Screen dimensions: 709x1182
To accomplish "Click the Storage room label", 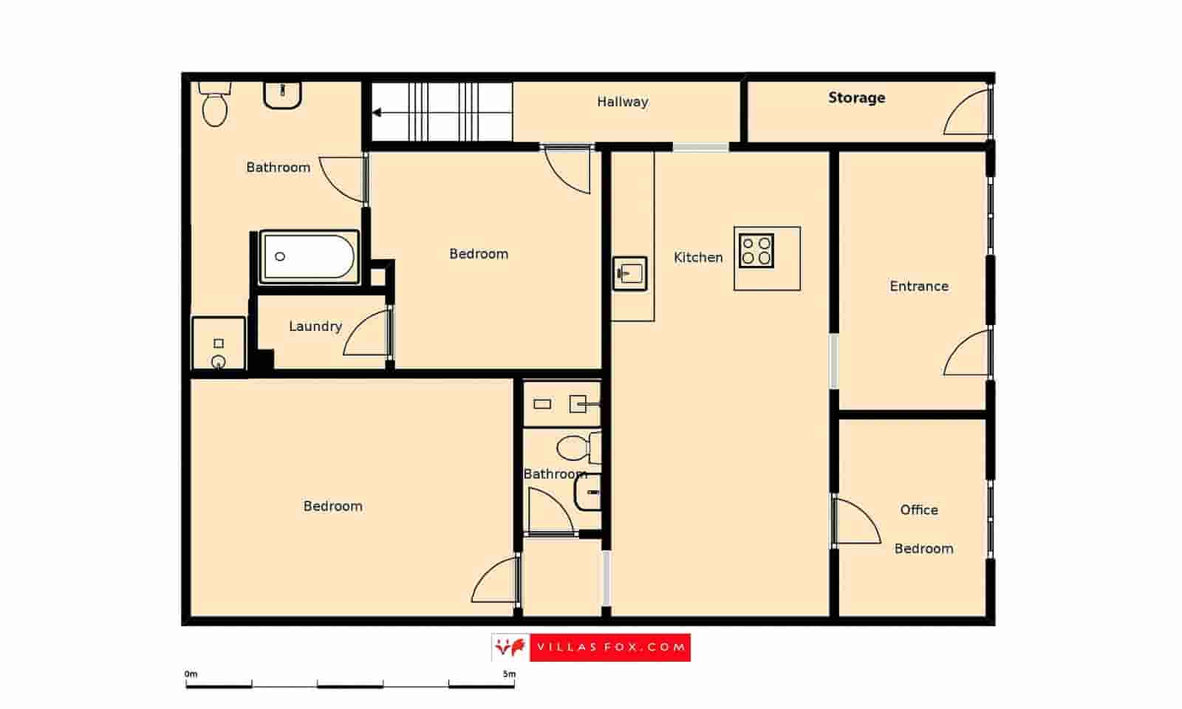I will coord(856,97).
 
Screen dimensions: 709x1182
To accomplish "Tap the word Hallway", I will coord(622,102).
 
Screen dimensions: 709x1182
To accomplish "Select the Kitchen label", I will coord(697,258).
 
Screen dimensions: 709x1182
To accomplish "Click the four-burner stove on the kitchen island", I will coord(756,250).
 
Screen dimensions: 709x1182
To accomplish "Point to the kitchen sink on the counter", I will coord(629,273).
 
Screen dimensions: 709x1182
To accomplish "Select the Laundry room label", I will coord(315,326).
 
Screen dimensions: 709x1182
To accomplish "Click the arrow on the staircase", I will coord(377,113).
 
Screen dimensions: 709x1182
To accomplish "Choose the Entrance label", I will coord(918,287).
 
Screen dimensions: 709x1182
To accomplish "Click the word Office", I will coord(918,510).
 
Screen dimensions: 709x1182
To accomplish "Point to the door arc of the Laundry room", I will coord(366,334).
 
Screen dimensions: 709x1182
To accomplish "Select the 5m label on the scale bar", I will coord(509,674).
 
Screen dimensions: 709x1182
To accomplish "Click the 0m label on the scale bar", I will coord(191,674).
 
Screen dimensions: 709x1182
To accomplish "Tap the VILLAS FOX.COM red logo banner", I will coord(609,648).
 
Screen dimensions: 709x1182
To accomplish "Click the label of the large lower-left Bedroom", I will coord(332,507).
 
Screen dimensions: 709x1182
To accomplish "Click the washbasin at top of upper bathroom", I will coord(283,94).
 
